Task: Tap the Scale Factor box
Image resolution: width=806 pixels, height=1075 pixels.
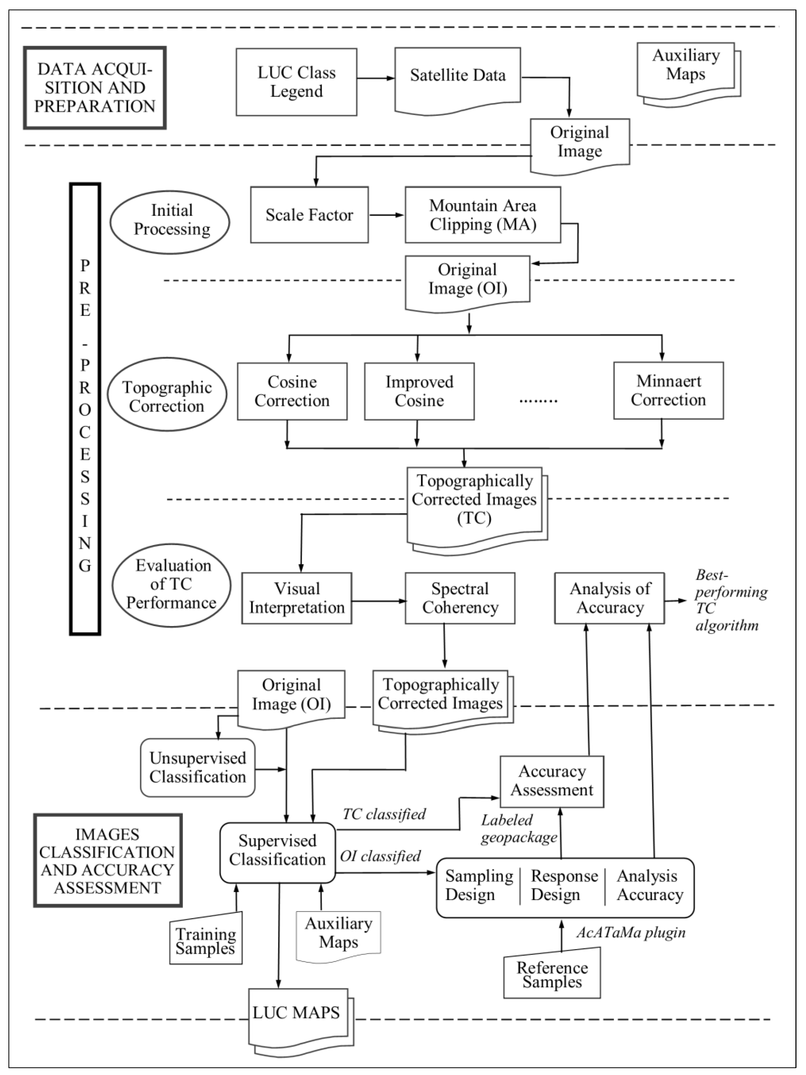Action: pos(309,215)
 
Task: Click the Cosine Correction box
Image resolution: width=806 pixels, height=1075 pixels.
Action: pos(292,391)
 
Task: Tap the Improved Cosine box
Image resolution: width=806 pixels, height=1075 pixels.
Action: pos(419,391)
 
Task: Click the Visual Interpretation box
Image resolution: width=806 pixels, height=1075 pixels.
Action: pos(297,598)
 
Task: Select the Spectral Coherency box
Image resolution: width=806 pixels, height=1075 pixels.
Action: pos(460,598)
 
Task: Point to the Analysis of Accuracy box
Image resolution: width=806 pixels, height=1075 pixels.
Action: pos(610,598)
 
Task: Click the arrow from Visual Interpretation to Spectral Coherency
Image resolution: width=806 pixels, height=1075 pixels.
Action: pos(378,601)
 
